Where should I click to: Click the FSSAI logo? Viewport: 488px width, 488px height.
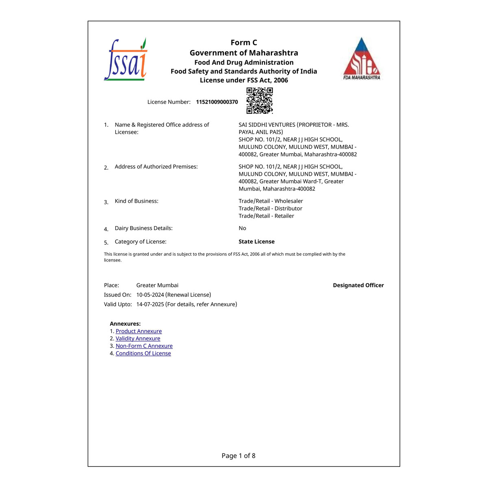click(x=125, y=60)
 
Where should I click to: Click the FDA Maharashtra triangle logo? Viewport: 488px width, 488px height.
click(x=362, y=59)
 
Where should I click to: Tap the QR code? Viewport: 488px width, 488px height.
click(x=259, y=100)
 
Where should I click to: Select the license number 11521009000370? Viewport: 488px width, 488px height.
click(x=217, y=102)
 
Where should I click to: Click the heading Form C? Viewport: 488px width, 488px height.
click(x=244, y=43)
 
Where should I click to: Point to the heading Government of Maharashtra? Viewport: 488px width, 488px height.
click(x=244, y=53)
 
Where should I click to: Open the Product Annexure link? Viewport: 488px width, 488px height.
click(x=139, y=331)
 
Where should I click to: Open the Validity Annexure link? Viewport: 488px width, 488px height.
click(x=138, y=339)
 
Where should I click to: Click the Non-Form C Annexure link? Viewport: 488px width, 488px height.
click(x=144, y=346)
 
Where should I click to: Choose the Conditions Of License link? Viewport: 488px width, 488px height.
click(x=143, y=353)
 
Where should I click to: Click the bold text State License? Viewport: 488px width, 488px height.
click(x=256, y=242)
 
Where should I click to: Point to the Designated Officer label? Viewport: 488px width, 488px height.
click(x=358, y=285)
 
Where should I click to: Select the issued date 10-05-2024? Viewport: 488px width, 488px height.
click(x=150, y=295)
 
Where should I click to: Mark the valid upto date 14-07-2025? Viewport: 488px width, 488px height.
click(x=150, y=304)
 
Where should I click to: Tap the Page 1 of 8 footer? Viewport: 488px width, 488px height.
click(x=238, y=456)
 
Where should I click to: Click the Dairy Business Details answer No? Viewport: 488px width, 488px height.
click(x=242, y=228)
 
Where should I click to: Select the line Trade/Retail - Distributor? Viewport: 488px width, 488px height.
click(x=270, y=209)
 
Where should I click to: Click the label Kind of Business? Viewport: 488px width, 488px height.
click(x=136, y=201)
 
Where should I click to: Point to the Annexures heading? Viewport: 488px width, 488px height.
click(x=125, y=324)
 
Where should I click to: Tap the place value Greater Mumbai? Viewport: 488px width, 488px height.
click(x=157, y=285)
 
